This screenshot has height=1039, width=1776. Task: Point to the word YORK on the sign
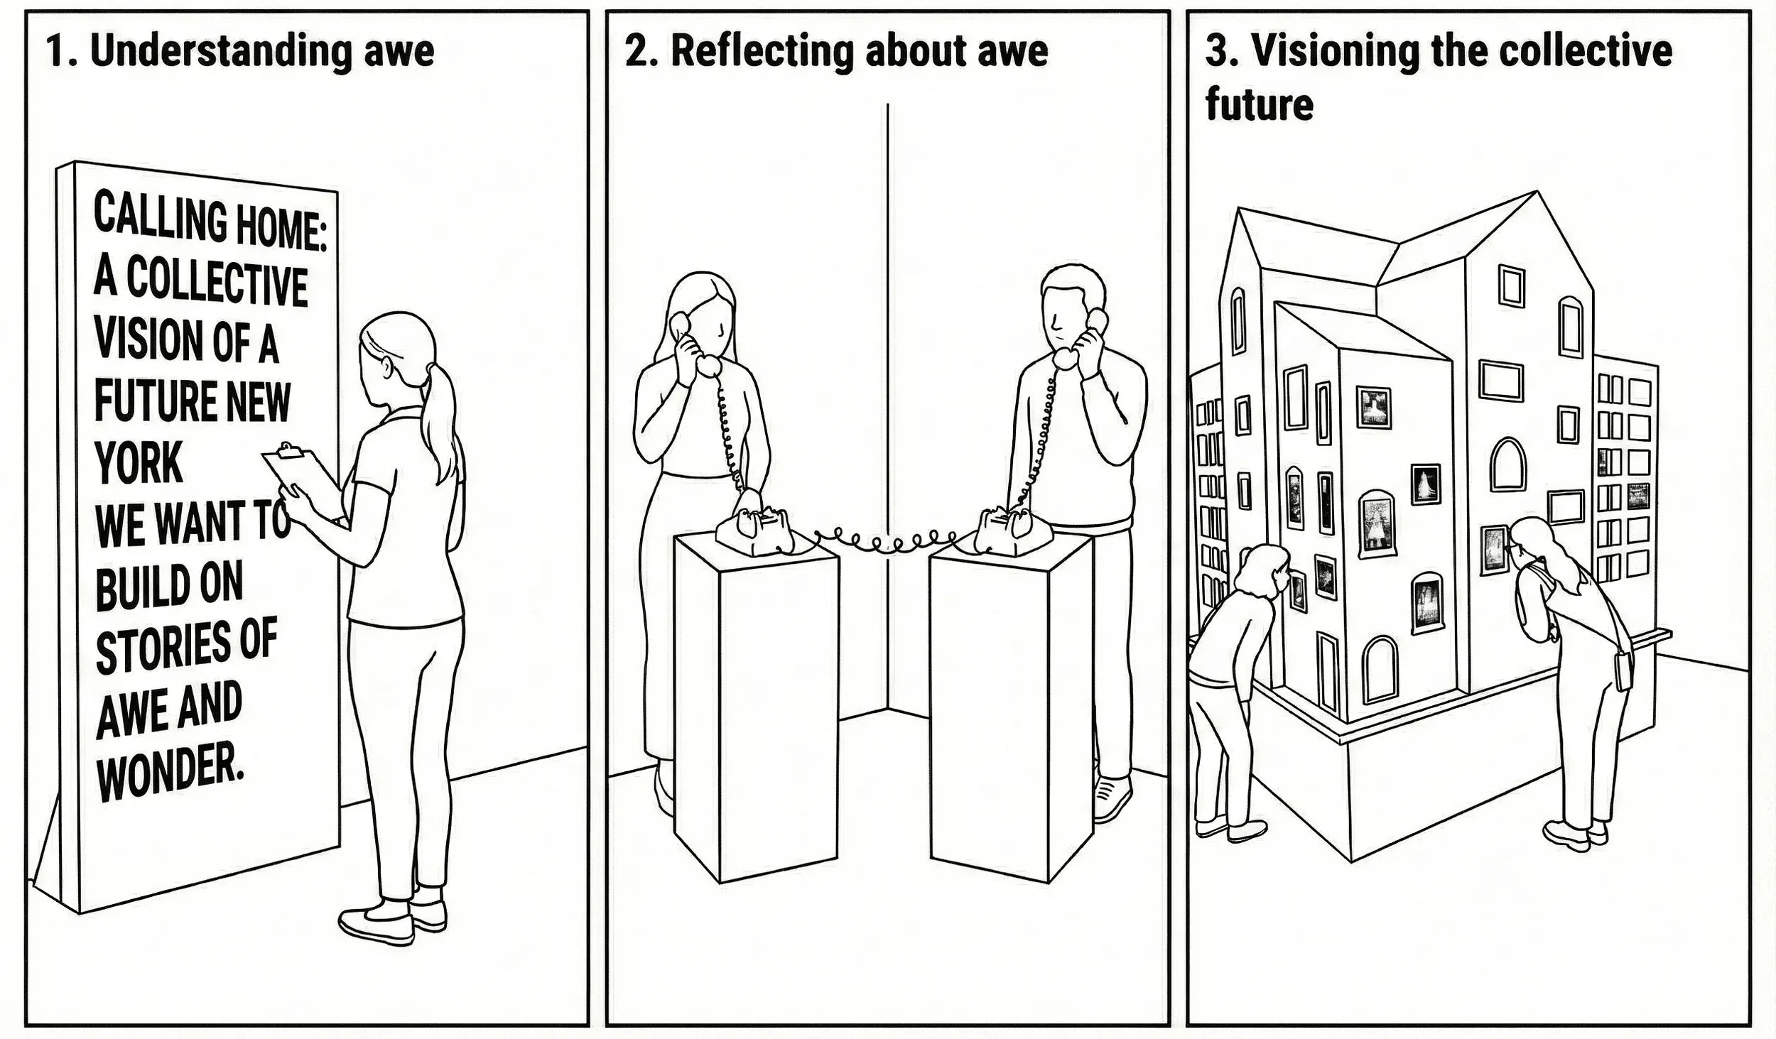[x=139, y=462]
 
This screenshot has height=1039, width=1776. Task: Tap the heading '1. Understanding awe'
[x=240, y=51]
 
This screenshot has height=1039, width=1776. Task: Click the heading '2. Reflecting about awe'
[x=835, y=51]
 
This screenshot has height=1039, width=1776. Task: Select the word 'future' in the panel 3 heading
[x=1259, y=105]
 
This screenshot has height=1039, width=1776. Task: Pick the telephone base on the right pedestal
[x=1005, y=530]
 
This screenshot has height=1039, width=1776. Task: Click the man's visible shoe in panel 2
[x=1112, y=795]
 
